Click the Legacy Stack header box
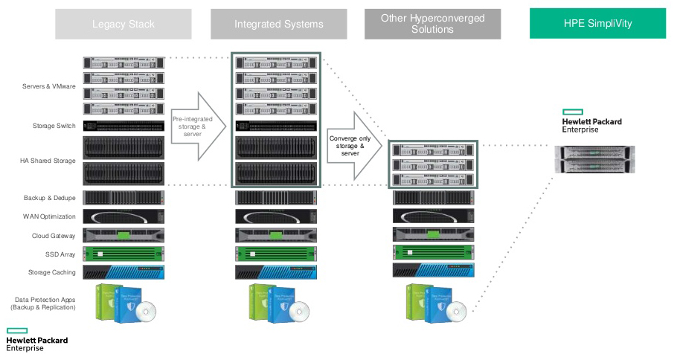(x=123, y=24)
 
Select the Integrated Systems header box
(x=279, y=24)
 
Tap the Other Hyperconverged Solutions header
(x=432, y=24)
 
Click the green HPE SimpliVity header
(x=597, y=24)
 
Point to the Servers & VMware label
(x=49, y=86)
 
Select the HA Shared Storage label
(x=48, y=160)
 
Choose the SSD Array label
(x=58, y=254)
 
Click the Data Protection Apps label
(x=45, y=303)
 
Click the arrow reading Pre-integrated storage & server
(x=196, y=126)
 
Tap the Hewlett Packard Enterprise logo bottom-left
(x=36, y=339)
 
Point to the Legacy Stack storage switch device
(x=123, y=126)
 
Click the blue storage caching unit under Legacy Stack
(x=123, y=272)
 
